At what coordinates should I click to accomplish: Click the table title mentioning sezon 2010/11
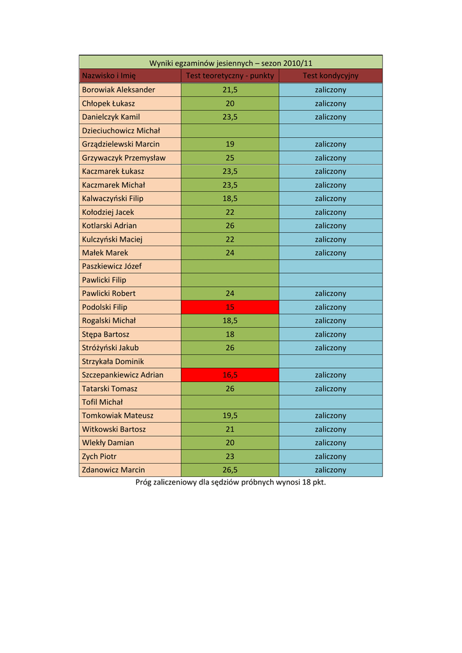tap(231, 62)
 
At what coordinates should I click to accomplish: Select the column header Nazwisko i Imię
tap(109, 76)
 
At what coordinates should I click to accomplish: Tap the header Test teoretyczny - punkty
tap(230, 76)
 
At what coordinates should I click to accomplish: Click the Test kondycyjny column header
tap(330, 76)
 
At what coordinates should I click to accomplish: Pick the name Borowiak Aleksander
tap(119, 90)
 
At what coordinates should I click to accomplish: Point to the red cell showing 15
tap(230, 307)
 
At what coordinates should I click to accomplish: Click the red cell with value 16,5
tap(230, 375)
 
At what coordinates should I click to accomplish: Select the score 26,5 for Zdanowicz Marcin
tap(230, 470)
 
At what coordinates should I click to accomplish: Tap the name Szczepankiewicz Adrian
tap(123, 375)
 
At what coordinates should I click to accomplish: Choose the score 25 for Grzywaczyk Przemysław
tap(230, 158)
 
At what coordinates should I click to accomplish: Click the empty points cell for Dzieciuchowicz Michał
tap(230, 131)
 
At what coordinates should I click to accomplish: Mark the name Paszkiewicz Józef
tap(112, 266)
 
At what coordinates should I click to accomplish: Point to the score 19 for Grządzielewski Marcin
tap(230, 144)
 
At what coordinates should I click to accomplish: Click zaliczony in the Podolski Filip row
tap(330, 307)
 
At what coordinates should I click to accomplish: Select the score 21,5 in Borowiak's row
tap(230, 90)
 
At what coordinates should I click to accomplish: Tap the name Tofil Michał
tap(103, 402)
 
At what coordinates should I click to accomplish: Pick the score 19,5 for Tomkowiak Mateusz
tap(230, 415)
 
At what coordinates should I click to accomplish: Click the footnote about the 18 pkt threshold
tap(231, 482)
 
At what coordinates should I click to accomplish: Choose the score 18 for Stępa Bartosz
tap(230, 334)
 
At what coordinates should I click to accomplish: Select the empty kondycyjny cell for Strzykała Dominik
tap(330, 361)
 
